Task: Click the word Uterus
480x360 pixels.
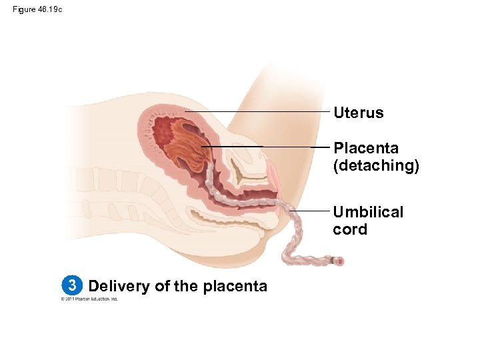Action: coord(358,113)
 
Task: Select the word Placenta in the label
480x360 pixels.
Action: coord(366,147)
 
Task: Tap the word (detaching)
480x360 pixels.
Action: coord(376,165)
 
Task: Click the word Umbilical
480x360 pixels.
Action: coord(368,212)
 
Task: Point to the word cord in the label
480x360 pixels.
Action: coord(350,229)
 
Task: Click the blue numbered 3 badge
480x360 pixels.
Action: coord(70,286)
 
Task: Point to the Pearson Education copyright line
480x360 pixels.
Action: coord(89,299)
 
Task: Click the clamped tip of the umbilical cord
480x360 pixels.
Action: coord(339,261)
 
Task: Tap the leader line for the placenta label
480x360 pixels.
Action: coord(267,146)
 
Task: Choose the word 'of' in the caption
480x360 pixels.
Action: coord(161,286)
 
